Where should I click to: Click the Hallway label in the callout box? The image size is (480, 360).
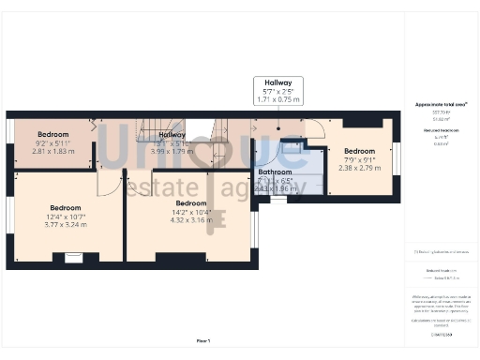click(x=277, y=82)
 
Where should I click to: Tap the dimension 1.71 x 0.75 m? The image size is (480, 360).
click(x=277, y=98)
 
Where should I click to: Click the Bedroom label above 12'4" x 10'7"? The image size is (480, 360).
click(x=66, y=208)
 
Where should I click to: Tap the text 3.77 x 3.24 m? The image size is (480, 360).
click(x=66, y=225)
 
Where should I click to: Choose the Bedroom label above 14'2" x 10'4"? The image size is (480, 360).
click(x=190, y=203)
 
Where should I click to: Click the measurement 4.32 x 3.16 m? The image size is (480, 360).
click(x=190, y=220)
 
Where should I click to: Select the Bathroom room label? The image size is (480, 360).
click(x=276, y=172)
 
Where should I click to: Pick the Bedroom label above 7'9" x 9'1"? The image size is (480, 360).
click(x=359, y=151)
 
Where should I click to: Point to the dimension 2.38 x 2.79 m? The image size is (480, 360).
click(x=359, y=167)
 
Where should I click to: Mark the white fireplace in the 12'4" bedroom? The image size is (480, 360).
click(x=73, y=257)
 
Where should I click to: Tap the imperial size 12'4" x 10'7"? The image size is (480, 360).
click(x=66, y=217)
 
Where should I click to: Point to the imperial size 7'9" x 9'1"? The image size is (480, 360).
click(x=359, y=159)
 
